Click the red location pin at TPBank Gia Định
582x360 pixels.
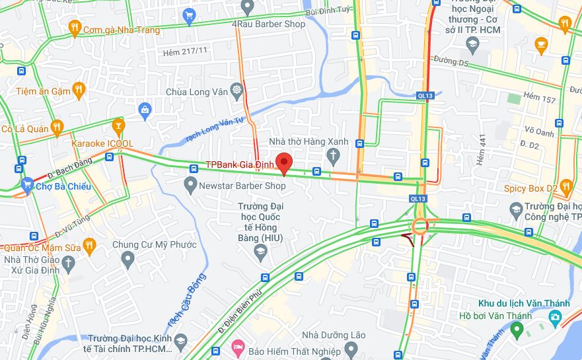pyautogui.click(x=284, y=162)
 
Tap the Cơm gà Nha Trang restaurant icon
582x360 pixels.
pyautogui.click(x=74, y=27)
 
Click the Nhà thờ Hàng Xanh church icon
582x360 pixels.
pyautogui.click(x=334, y=156)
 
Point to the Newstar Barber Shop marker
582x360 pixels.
pyautogui.click(x=191, y=185)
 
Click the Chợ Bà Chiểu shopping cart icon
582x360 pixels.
pyautogui.click(x=27, y=186)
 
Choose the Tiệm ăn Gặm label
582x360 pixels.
pyautogui.click(x=43, y=90)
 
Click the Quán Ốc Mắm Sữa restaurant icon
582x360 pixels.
pyautogui.click(x=89, y=246)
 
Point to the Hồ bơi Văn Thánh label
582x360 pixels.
pyautogui.click(x=495, y=316)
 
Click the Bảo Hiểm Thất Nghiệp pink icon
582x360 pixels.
pyautogui.click(x=237, y=346)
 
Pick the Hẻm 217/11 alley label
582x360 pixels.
pyautogui.click(x=185, y=50)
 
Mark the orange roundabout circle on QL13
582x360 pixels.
pyautogui.click(x=419, y=227)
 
